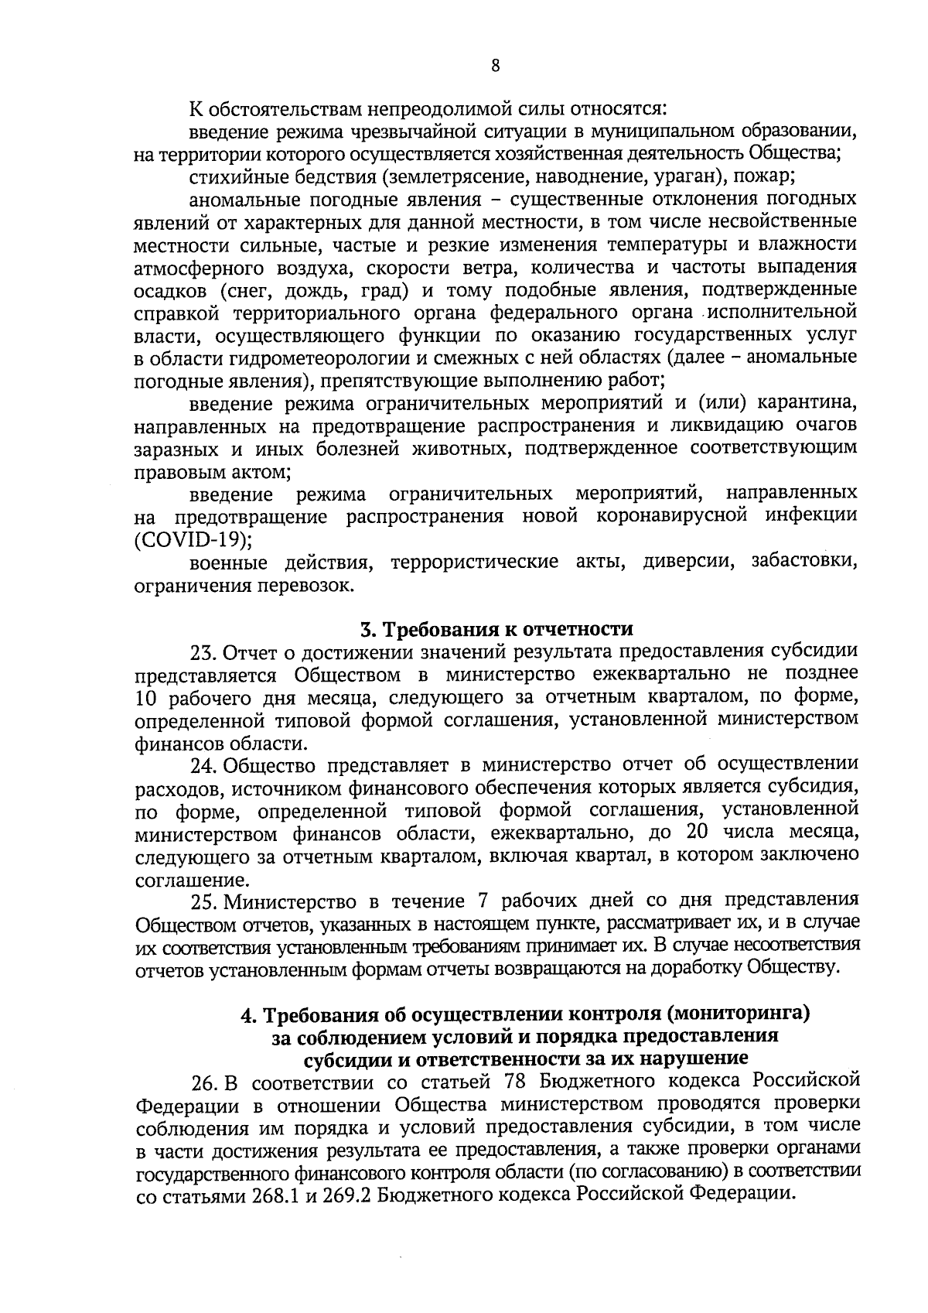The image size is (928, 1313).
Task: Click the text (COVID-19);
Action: tap(193, 539)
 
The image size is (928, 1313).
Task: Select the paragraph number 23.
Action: tap(203, 651)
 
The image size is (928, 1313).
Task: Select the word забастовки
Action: tap(804, 561)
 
